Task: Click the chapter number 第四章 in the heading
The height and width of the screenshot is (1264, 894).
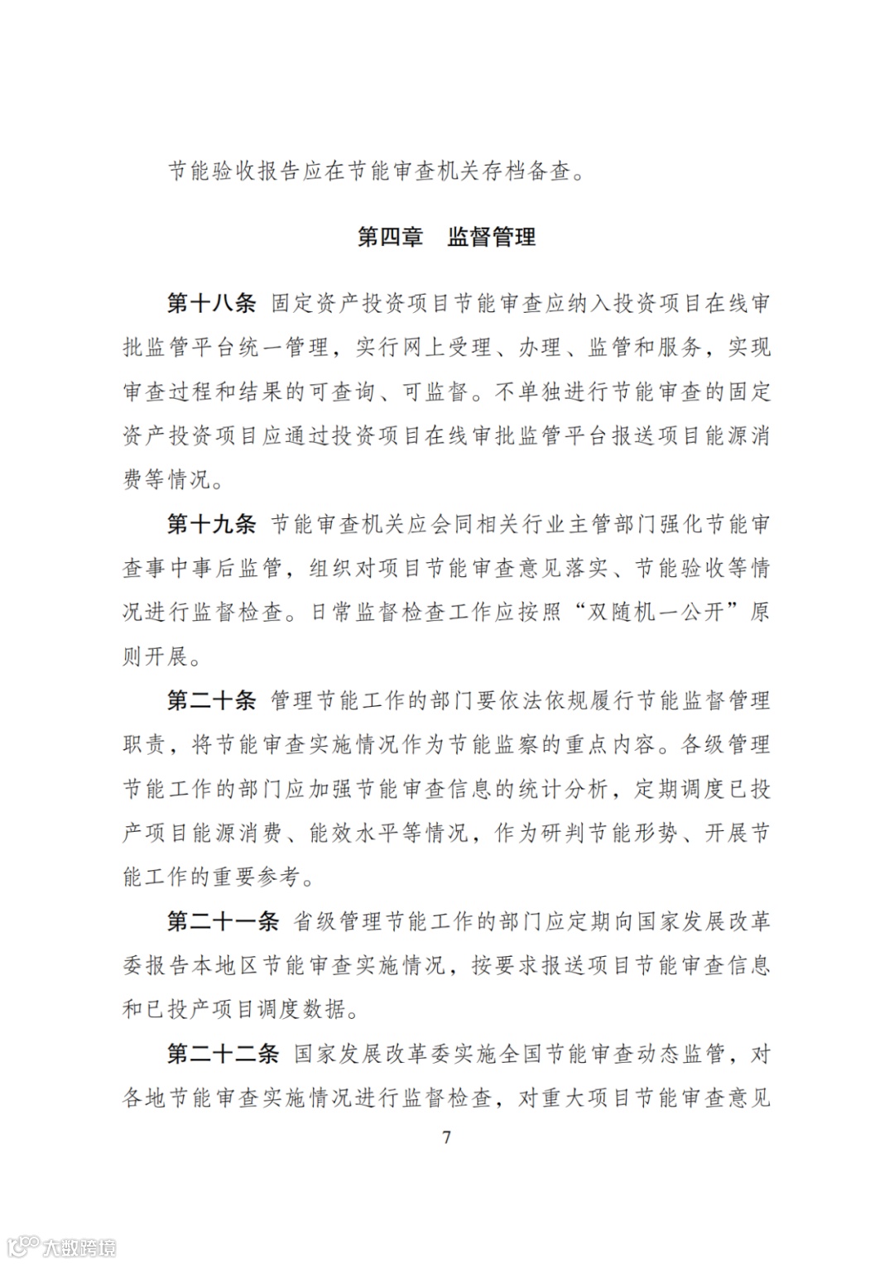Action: [x=390, y=237]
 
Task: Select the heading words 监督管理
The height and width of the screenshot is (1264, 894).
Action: [x=491, y=237]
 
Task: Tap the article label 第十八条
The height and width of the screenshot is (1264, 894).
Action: [x=211, y=303]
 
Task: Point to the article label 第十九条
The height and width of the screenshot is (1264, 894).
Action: [x=211, y=524]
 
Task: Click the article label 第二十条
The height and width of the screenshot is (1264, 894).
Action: [x=211, y=700]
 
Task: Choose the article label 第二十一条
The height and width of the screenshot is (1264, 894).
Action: [x=223, y=921]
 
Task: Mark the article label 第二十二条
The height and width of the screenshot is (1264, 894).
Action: [x=223, y=1054]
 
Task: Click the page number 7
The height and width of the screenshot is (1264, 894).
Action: [x=447, y=1137]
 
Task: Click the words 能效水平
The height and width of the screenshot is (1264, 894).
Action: [x=353, y=833]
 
